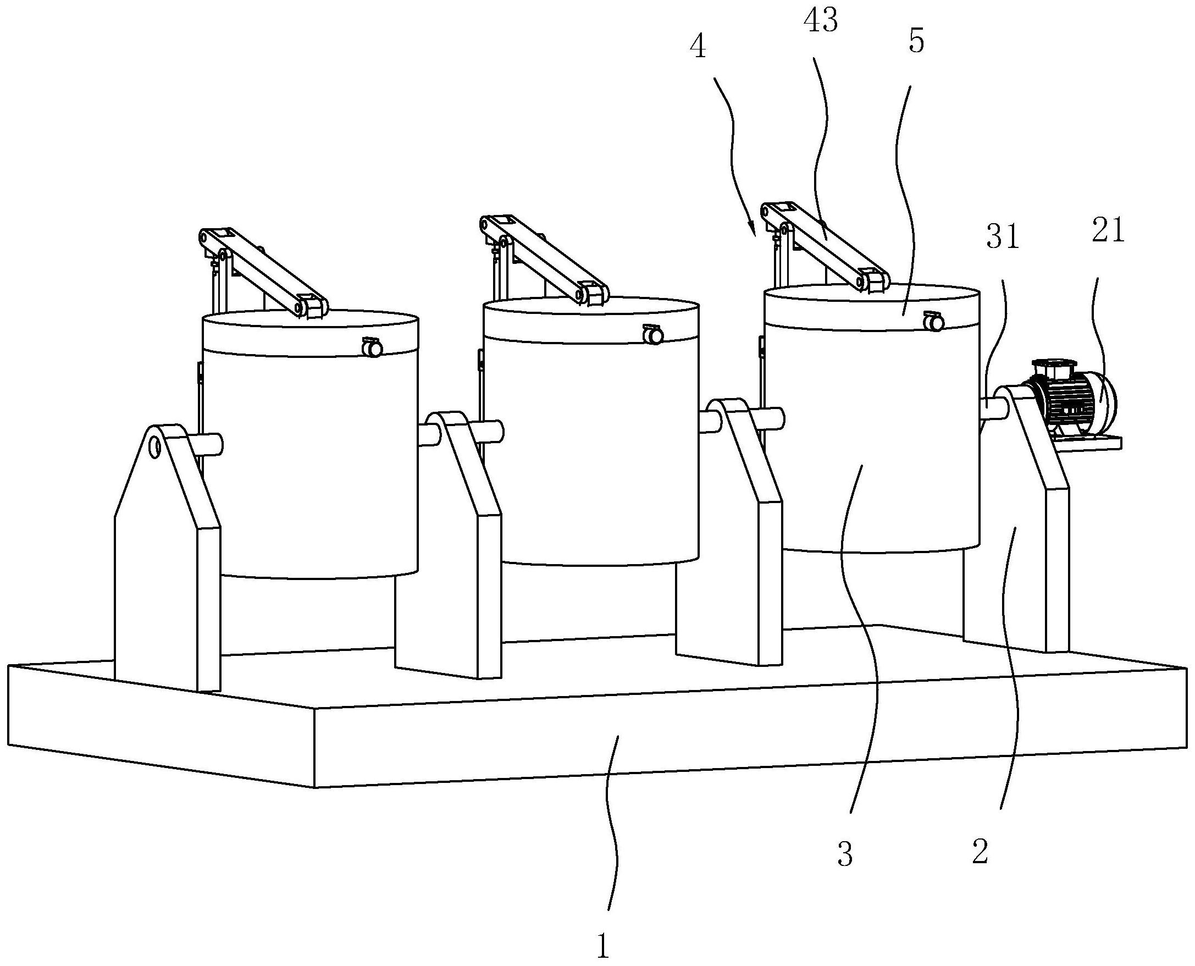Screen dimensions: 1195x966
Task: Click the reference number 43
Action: click(821, 21)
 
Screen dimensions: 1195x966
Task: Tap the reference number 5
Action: click(916, 42)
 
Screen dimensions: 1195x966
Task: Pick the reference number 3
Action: click(844, 855)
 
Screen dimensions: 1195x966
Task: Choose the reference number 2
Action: click(980, 852)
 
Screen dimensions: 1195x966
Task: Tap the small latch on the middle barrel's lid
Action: click(652, 334)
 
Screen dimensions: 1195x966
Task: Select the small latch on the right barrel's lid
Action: click(933, 322)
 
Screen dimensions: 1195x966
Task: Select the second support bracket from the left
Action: click(449, 545)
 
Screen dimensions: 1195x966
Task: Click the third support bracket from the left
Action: click(729, 532)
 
